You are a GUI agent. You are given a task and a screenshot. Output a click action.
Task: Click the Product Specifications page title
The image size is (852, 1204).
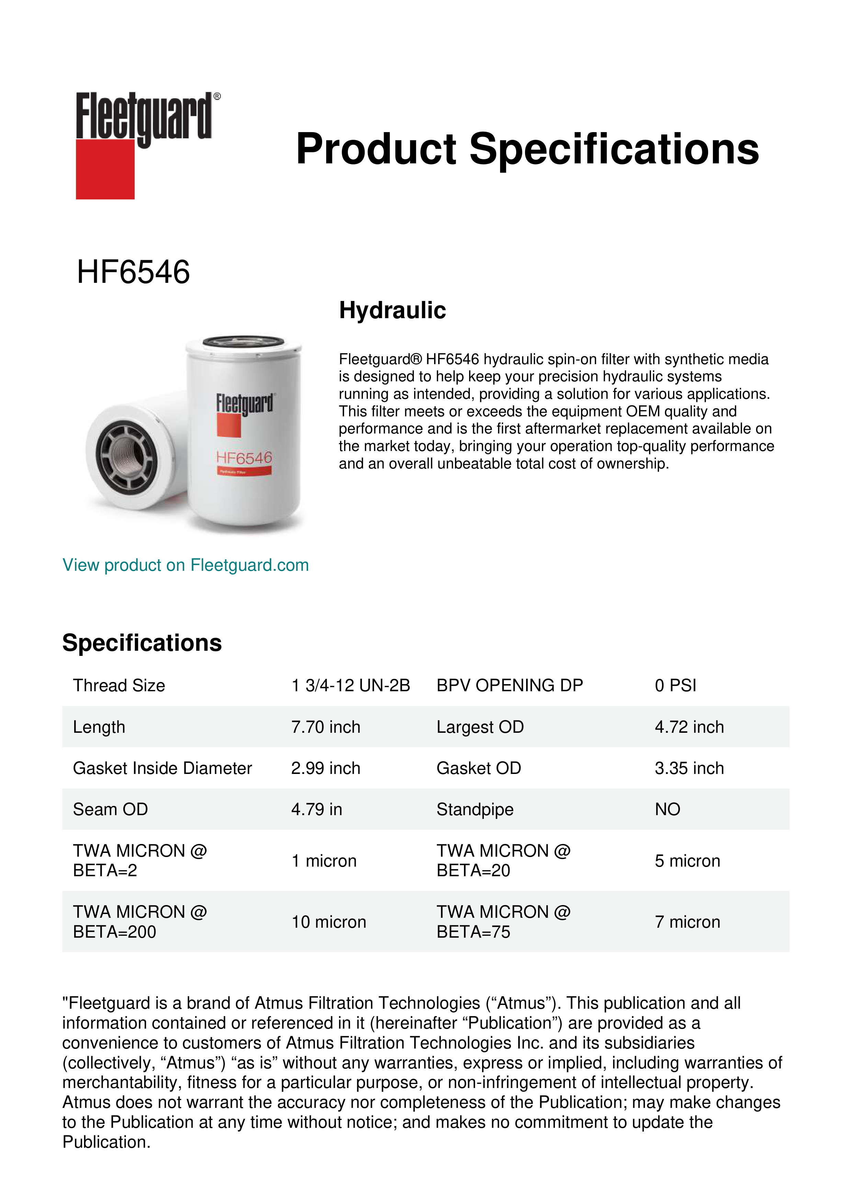pos(527,149)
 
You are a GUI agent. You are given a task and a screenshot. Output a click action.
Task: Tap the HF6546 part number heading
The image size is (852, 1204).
pos(133,272)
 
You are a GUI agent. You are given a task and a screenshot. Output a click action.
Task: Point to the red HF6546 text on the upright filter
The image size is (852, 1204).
pos(245,458)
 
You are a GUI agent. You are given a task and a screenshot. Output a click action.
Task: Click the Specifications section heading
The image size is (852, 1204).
pos(141,642)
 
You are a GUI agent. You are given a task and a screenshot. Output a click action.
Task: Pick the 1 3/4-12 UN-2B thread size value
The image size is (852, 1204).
pos(351,685)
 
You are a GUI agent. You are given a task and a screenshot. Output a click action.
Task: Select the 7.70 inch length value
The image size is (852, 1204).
pos(326,727)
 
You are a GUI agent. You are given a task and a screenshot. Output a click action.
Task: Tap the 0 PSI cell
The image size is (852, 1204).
pos(675,685)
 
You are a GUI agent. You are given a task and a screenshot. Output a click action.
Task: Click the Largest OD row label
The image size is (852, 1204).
pos(480,727)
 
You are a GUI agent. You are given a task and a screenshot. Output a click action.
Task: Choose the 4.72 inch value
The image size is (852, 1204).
pos(689,727)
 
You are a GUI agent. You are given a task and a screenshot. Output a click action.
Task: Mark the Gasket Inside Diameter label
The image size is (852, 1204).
pos(162,768)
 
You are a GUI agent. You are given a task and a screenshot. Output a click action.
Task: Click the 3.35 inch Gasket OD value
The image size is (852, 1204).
pos(689,768)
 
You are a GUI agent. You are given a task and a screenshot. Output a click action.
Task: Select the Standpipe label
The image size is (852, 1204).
pos(475,809)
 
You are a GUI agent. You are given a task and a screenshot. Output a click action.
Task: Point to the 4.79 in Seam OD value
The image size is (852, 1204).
pos(316,809)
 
